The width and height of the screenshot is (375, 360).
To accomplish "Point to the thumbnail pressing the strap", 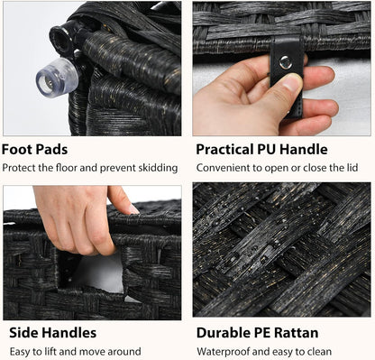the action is coord(292,81).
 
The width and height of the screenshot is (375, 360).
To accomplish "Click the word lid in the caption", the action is coord(352,168).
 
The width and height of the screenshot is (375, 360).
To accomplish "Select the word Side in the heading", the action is coord(23,333).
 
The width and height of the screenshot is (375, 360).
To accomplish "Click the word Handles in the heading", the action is coord(69,333).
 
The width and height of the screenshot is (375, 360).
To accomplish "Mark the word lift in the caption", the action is coord(40,351).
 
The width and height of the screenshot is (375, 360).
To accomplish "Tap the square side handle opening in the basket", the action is coord(90,274).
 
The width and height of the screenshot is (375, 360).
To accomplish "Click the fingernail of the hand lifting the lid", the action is coord(134,209).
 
